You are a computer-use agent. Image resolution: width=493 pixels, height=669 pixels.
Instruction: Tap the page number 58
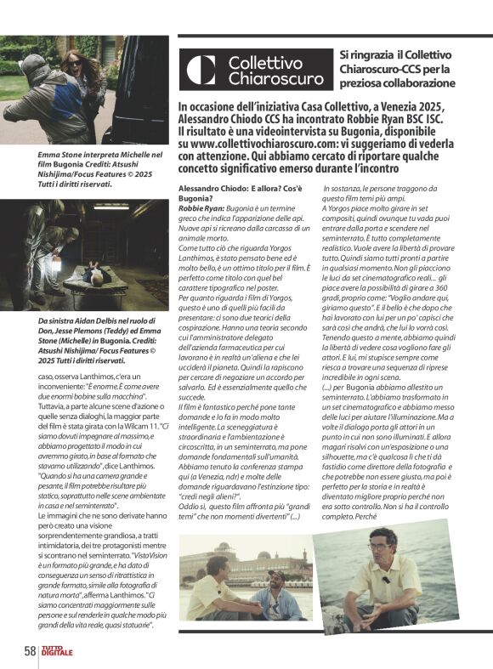[30, 651]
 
